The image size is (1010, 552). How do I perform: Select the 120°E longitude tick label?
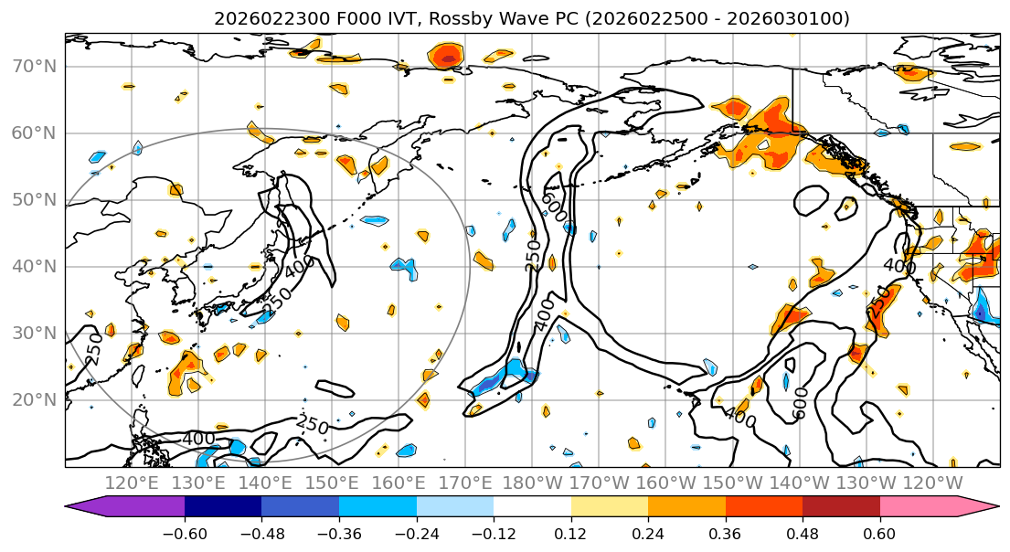(x=133, y=483)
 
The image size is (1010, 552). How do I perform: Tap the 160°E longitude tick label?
(x=399, y=483)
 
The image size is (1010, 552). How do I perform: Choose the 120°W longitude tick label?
(x=933, y=483)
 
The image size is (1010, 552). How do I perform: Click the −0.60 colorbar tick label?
(x=185, y=532)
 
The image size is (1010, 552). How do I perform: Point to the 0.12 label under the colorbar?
(x=571, y=532)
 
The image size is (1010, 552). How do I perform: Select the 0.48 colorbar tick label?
(x=803, y=532)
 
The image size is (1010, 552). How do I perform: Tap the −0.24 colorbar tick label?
(x=416, y=532)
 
